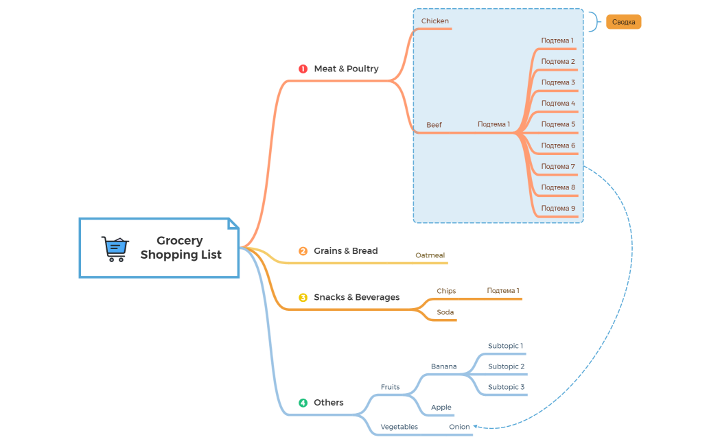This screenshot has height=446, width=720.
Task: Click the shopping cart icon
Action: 115,248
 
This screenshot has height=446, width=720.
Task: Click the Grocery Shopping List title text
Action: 181,248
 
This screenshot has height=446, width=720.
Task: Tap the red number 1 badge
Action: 303,69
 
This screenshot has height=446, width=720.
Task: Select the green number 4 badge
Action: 303,403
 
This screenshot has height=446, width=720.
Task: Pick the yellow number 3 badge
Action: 303,298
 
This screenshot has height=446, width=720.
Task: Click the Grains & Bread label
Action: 345,251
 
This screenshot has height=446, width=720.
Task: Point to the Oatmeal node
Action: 430,255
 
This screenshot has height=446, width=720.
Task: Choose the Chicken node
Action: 434,21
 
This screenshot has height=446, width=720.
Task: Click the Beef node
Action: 434,125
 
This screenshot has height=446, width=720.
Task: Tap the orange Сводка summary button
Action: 623,22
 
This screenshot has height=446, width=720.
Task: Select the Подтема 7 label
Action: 558,166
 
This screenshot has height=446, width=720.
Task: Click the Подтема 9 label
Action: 558,208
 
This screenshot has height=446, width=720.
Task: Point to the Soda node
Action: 445,312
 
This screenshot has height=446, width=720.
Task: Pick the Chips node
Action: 446,291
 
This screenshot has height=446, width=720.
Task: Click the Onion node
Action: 459,427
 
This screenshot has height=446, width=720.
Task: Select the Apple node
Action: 441,408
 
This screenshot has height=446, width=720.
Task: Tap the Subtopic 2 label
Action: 506,366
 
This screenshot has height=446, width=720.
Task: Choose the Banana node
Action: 443,366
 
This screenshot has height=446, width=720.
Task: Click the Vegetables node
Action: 399,427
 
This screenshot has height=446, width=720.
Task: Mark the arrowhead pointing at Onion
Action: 476,427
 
